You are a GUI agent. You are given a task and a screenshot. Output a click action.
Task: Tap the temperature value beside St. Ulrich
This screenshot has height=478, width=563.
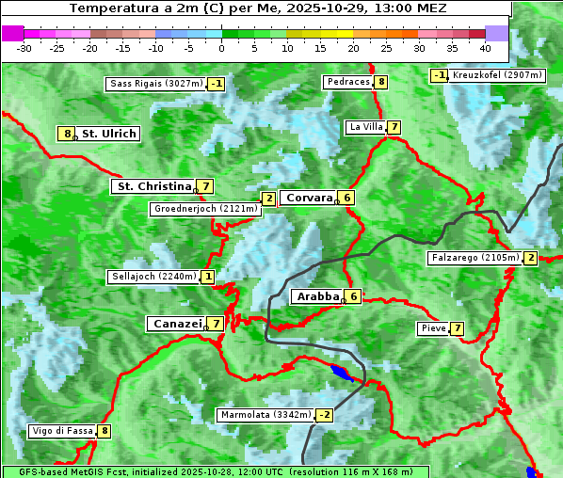click(x=66, y=134)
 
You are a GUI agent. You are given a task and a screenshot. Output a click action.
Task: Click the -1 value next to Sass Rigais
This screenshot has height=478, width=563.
click(x=217, y=84)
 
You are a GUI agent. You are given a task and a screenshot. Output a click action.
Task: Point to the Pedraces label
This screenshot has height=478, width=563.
click(x=348, y=82)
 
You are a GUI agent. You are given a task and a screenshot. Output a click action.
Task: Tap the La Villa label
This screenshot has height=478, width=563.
click(x=366, y=127)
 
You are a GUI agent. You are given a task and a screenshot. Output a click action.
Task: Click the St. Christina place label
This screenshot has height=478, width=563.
click(x=153, y=186)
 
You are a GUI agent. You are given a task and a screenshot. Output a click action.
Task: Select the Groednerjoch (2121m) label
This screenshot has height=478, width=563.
click(x=205, y=208)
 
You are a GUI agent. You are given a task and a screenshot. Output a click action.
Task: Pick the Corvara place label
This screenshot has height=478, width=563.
click(x=310, y=198)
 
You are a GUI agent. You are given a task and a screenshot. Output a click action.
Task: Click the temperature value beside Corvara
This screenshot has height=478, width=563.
click(x=347, y=198)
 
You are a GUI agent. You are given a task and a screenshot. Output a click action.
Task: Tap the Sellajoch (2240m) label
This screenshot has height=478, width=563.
click(x=153, y=277)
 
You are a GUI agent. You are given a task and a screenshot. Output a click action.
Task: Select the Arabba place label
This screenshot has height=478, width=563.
click(x=318, y=296)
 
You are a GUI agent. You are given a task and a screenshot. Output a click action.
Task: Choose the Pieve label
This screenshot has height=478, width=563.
click(x=433, y=328)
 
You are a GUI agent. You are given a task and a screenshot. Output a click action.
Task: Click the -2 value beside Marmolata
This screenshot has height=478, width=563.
click(x=325, y=415)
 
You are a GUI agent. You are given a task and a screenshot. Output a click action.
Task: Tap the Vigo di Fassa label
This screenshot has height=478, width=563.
click(x=62, y=432)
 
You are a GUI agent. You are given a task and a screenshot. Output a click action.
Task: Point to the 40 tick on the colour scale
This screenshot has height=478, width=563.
click(x=485, y=48)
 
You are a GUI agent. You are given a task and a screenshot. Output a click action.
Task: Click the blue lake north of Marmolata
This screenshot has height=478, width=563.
click(x=342, y=374)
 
